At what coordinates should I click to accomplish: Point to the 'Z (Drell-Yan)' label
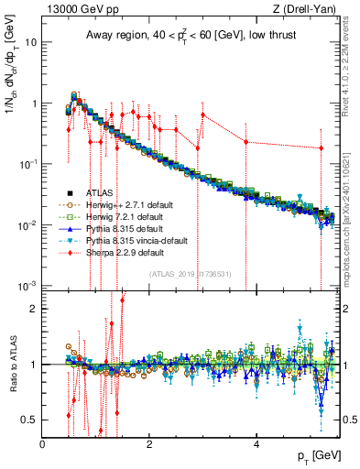307,9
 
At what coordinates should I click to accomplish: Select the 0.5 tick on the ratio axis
30,420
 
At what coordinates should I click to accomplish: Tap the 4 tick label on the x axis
256,443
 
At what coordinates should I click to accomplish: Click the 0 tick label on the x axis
43,443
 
